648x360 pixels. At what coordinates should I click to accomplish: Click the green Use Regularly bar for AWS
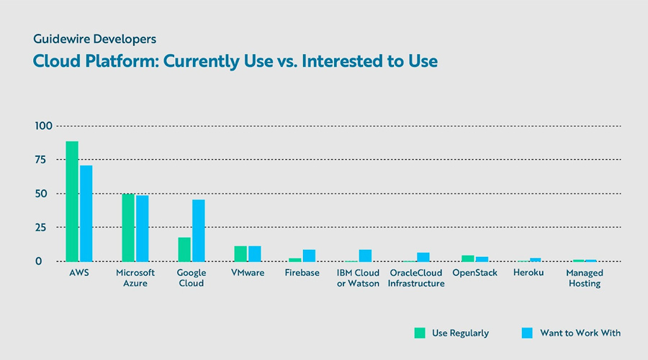pyautogui.click(x=72, y=202)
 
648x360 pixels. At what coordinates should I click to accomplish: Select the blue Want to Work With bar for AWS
pyautogui.click(x=86, y=214)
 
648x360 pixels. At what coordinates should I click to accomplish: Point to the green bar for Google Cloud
pyautogui.click(x=184, y=249)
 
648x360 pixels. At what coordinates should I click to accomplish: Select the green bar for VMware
pyautogui.click(x=240, y=253)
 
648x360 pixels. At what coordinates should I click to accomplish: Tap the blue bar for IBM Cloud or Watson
pyautogui.click(x=365, y=256)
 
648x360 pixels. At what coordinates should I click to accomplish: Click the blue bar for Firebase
pyautogui.click(x=309, y=256)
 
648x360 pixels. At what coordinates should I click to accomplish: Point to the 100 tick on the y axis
pyautogui.click(x=44, y=126)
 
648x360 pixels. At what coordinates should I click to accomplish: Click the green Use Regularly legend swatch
pyautogui.click(x=420, y=333)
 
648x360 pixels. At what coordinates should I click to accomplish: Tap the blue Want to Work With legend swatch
pyautogui.click(x=526, y=333)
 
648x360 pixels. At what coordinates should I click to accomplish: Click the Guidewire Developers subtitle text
pyautogui.click(x=94, y=38)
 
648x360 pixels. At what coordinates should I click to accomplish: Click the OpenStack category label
pyautogui.click(x=474, y=274)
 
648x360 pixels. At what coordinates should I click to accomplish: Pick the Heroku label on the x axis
pyautogui.click(x=528, y=274)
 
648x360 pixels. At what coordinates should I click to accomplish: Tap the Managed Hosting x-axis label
pyautogui.click(x=585, y=279)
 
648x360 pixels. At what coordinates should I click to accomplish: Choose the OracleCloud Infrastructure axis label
pyautogui.click(x=416, y=279)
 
